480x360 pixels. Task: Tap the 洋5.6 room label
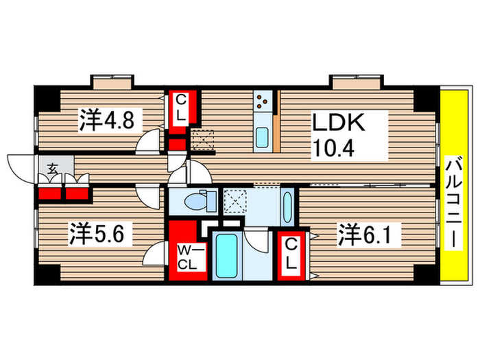100,235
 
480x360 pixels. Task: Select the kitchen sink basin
262,137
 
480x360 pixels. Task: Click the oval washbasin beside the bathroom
287,206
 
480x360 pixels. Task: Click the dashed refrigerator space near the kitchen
203,141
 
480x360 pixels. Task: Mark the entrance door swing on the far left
17,165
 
